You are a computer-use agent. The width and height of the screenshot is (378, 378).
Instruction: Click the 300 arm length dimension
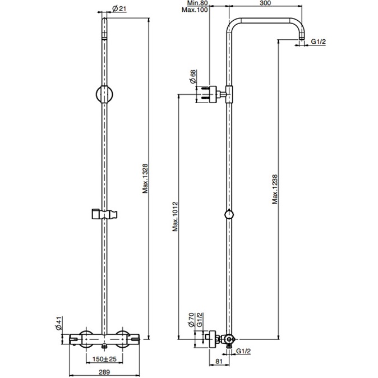265,3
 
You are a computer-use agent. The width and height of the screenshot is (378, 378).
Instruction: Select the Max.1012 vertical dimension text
176,217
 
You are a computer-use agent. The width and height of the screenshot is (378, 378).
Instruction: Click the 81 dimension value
218,361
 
